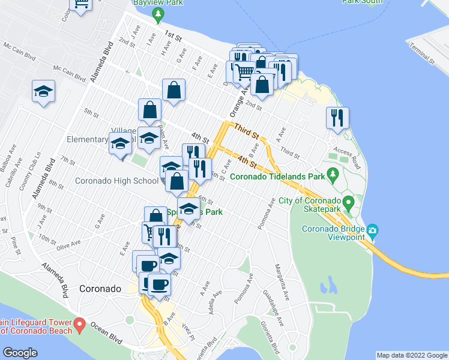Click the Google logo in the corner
[20, 353]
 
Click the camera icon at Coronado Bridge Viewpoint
[373, 230]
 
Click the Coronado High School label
[116, 181]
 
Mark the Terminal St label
[420, 53]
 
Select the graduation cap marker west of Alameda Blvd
[44, 91]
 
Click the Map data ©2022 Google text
[412, 355]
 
